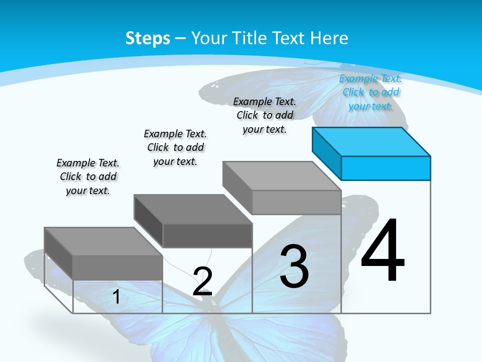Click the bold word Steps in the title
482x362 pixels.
tap(148, 38)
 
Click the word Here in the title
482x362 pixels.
tap(329, 38)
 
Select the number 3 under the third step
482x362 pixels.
tap(294, 266)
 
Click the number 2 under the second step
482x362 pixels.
tap(202, 282)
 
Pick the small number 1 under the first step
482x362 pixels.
tap(116, 297)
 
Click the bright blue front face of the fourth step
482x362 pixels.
tap(386, 168)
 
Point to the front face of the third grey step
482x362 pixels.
tap(296, 202)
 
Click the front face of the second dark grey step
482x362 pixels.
tap(207, 235)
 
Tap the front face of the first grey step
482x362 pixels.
tap(117, 267)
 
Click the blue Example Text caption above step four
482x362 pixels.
tap(371, 92)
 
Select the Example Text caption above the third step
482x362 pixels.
tap(265, 115)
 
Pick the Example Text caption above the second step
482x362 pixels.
tap(175, 147)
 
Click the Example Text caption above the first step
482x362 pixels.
tap(88, 176)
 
